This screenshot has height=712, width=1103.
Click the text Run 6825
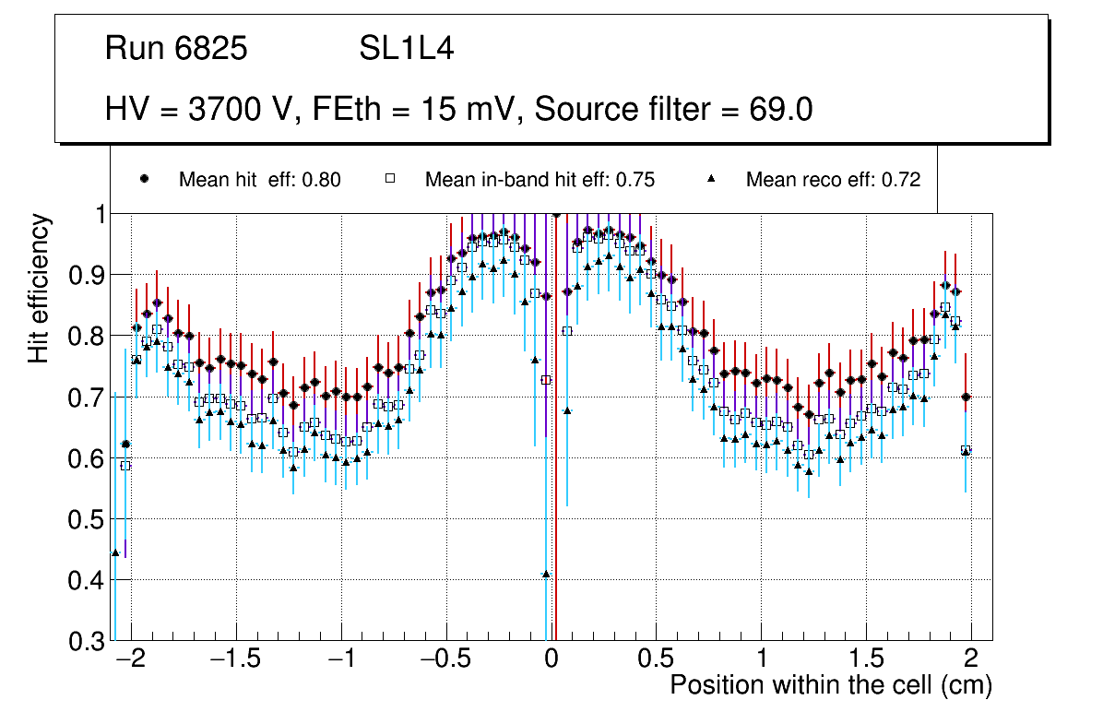tap(176, 49)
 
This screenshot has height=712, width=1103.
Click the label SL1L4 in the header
tap(407, 49)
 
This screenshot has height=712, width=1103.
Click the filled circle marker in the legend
tap(144, 179)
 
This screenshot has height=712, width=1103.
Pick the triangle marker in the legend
tap(712, 179)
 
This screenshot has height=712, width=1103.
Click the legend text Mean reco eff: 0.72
tap(833, 180)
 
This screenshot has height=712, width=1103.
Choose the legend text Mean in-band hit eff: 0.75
tap(540, 180)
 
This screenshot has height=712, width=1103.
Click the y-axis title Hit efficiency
tap(40, 288)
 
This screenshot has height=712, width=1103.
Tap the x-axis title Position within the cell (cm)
tap(830, 685)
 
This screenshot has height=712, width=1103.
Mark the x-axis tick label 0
tap(551, 660)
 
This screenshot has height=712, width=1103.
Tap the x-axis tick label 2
tap(971, 660)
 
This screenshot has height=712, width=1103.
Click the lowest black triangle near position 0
tap(546, 574)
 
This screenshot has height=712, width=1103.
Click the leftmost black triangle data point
tap(115, 552)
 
